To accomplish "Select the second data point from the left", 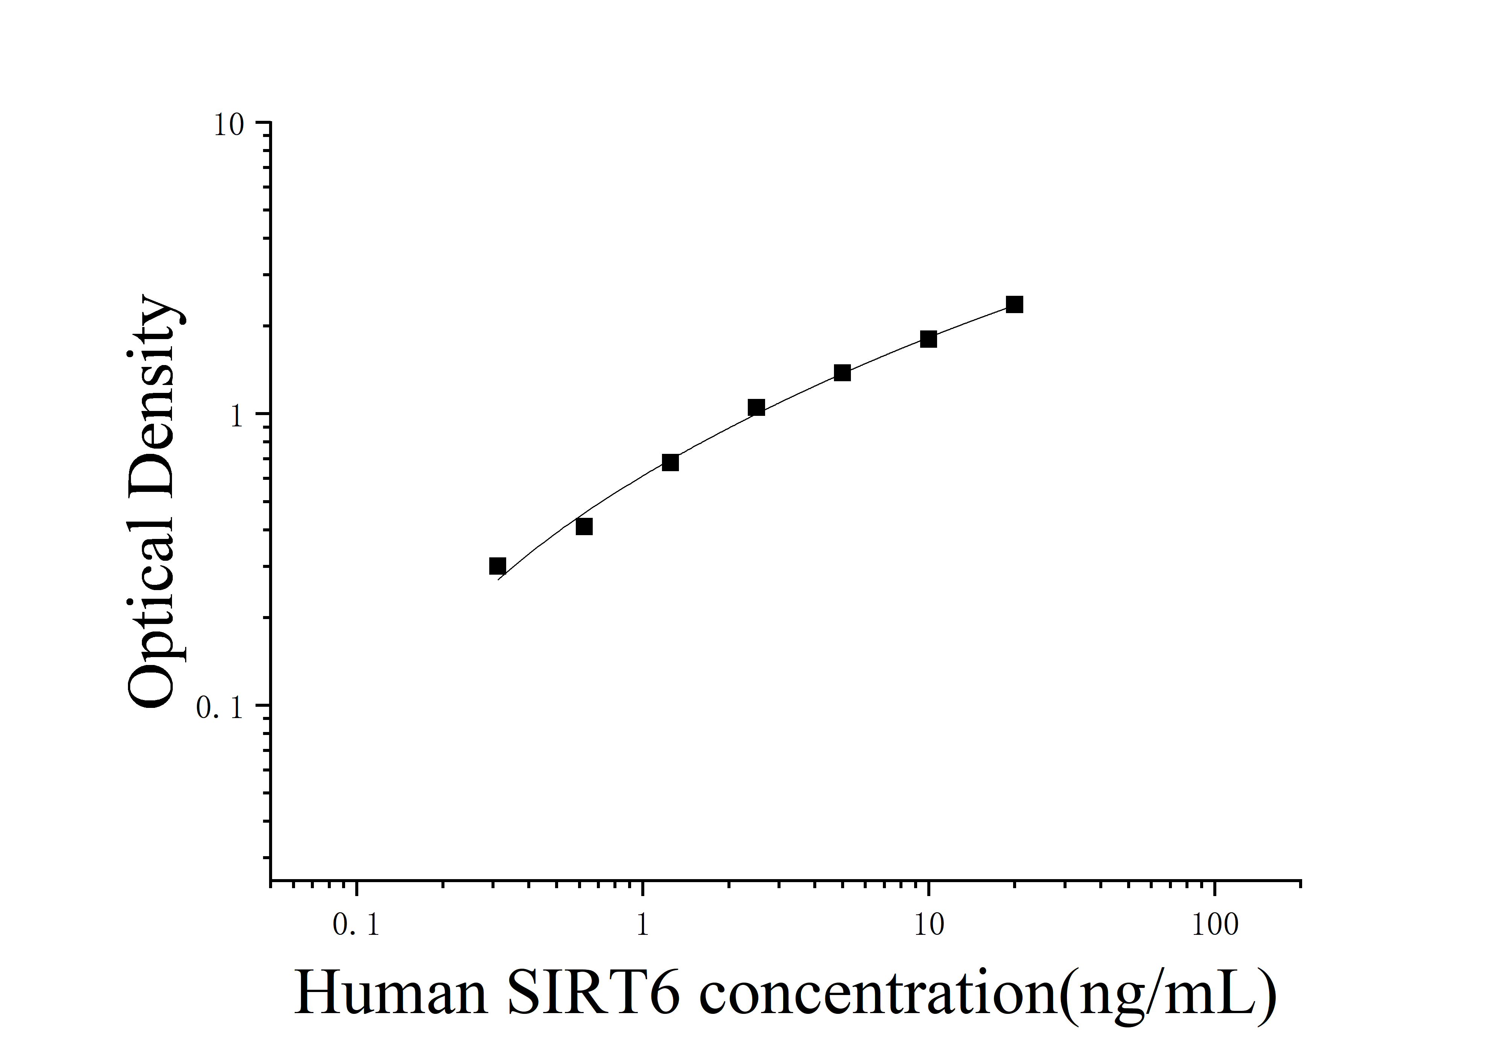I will pos(584,526).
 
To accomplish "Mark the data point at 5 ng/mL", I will pos(842,373).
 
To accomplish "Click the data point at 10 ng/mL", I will pos(928,339).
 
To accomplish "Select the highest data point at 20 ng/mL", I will pos(1014,304).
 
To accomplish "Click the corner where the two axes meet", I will pos(271,880).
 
